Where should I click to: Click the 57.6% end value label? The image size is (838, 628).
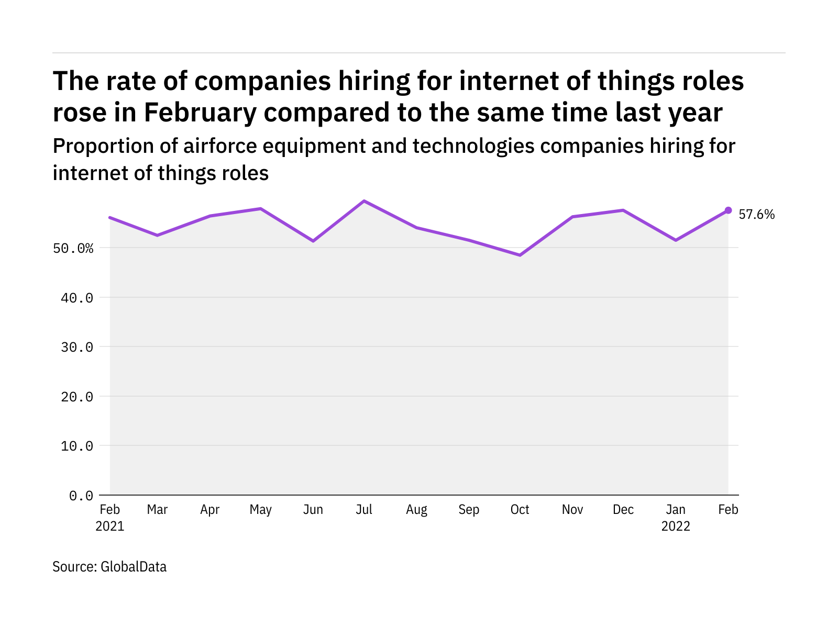(756, 215)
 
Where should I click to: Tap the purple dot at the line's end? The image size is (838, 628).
(728, 210)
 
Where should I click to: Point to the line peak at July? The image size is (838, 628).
(364, 201)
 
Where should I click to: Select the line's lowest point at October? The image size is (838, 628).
(520, 255)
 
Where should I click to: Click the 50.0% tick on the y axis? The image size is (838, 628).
(73, 248)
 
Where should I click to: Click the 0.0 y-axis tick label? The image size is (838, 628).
(81, 496)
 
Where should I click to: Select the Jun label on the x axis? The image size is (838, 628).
(313, 510)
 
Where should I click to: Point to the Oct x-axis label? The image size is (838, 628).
(520, 510)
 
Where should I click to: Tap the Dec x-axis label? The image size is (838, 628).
(623, 510)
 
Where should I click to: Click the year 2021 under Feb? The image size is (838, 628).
(110, 526)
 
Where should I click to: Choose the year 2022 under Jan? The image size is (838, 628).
(676, 526)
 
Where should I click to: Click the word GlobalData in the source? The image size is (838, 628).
(134, 567)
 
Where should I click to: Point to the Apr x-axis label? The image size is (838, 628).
(210, 510)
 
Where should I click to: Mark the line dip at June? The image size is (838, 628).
(313, 241)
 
